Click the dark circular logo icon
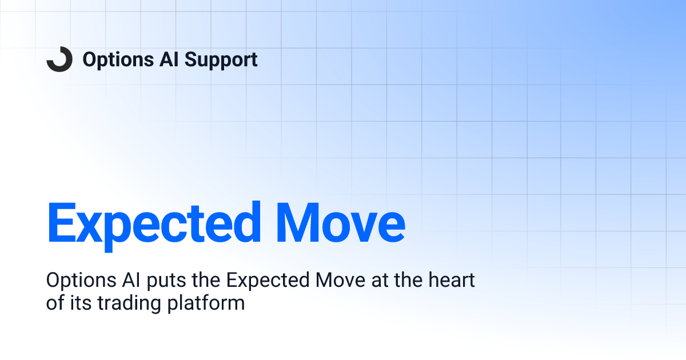[59, 59]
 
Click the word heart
[453, 281]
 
